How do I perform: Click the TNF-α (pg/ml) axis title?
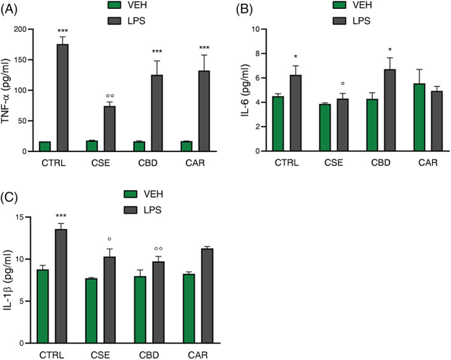pyautogui.click(x=9, y=90)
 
